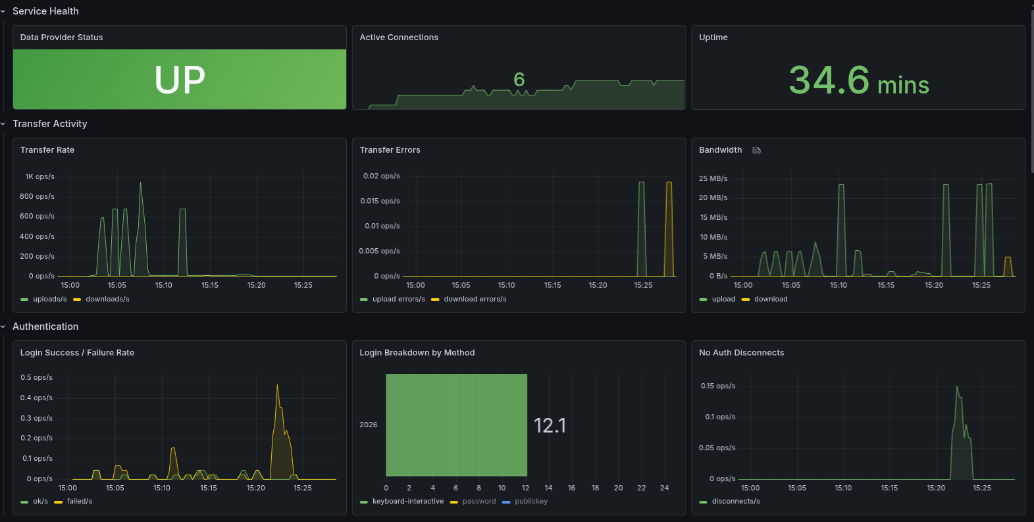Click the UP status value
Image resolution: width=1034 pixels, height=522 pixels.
click(x=180, y=80)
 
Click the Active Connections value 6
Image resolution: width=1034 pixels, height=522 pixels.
click(x=519, y=80)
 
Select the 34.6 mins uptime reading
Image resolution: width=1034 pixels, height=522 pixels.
click(x=858, y=81)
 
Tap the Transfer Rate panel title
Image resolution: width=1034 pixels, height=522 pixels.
click(x=47, y=150)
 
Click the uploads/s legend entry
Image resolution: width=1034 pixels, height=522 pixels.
click(x=49, y=299)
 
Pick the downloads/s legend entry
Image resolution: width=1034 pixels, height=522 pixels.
click(x=107, y=299)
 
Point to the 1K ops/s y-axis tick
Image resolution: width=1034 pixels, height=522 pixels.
click(x=39, y=176)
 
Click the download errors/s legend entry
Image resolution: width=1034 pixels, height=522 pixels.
click(x=475, y=299)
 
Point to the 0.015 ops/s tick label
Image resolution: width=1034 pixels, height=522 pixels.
click(x=380, y=201)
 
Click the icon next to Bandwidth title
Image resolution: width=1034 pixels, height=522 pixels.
click(x=756, y=150)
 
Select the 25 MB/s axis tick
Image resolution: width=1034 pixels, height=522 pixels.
click(x=713, y=178)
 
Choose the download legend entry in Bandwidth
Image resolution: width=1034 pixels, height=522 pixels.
click(x=770, y=299)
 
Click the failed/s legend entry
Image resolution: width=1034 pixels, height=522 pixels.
click(x=79, y=501)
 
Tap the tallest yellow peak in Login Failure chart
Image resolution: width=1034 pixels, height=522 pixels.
click(x=277, y=387)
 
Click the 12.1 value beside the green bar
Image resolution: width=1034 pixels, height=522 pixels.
click(x=550, y=425)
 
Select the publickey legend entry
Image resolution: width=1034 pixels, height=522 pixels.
click(x=530, y=501)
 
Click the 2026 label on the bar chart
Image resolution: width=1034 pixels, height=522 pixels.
click(x=369, y=425)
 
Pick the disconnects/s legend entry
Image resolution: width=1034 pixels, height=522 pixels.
click(x=735, y=501)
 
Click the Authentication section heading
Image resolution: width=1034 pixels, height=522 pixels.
click(x=45, y=326)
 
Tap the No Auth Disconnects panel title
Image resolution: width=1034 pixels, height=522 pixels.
click(x=741, y=353)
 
